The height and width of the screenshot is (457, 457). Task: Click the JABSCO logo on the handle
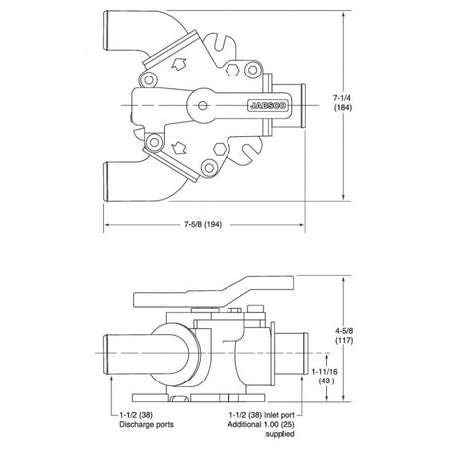pyautogui.click(x=268, y=105)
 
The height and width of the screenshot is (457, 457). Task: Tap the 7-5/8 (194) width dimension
pyautogui.click(x=203, y=224)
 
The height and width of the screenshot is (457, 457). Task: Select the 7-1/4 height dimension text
pyautogui.click(x=343, y=98)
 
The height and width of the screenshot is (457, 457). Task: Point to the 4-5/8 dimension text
pyautogui.click(x=344, y=330)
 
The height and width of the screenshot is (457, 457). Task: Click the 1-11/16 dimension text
pyautogui.click(x=324, y=372)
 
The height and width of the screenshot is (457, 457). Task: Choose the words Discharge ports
pyautogui.click(x=146, y=424)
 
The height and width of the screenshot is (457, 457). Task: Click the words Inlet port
pyautogui.click(x=279, y=415)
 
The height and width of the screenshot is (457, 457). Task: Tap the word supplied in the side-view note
pyautogui.click(x=280, y=434)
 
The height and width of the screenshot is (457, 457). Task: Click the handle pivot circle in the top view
pyautogui.click(x=203, y=106)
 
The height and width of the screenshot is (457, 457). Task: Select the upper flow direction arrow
pyautogui.click(x=179, y=64)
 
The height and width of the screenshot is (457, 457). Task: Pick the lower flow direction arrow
pyautogui.click(x=179, y=148)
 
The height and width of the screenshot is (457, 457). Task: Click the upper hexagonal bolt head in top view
pyautogui.click(x=232, y=70)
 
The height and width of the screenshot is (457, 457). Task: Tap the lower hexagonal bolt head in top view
pyautogui.click(x=220, y=149)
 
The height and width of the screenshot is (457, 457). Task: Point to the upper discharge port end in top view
pyautogui.click(x=106, y=30)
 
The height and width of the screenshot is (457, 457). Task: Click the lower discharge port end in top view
pyautogui.click(x=106, y=181)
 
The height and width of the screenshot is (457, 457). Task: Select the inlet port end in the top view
pyautogui.click(x=303, y=105)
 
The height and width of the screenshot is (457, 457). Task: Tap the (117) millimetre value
pyautogui.click(x=344, y=340)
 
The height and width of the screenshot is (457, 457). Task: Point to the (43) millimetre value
pyautogui.click(x=326, y=381)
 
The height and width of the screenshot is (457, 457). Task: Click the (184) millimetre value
pyautogui.click(x=343, y=107)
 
